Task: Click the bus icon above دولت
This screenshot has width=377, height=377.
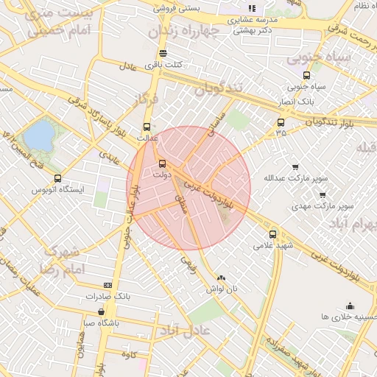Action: (162, 164)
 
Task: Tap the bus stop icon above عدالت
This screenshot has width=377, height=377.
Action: (147, 127)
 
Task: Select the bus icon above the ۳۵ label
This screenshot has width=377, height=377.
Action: (281, 123)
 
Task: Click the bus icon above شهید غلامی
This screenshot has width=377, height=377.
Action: (273, 234)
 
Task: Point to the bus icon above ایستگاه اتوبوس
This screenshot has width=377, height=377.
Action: (58, 178)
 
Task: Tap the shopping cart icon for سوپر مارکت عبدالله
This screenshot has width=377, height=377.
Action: (295, 167)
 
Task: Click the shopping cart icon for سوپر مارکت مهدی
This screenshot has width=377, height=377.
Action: (323, 195)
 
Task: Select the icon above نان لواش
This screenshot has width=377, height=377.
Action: (222, 278)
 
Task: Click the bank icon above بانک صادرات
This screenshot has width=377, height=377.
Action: (108, 285)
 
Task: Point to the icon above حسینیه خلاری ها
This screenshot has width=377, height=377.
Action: (349, 306)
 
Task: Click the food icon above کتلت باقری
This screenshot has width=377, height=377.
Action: (163, 53)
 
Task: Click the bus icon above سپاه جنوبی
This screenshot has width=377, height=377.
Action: (306, 75)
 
